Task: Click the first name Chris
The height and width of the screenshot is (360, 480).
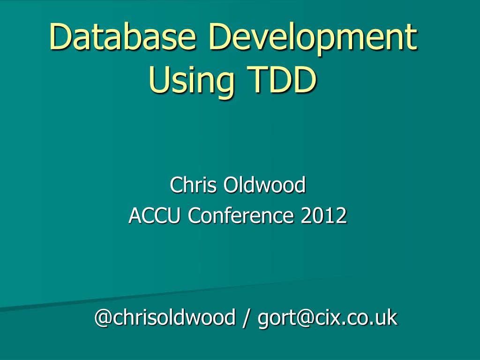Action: tap(193, 185)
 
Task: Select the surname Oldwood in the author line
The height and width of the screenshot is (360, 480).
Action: tap(264, 185)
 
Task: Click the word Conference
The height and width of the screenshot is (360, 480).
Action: tap(242, 216)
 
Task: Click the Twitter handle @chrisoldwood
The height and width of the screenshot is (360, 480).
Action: tap(165, 318)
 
